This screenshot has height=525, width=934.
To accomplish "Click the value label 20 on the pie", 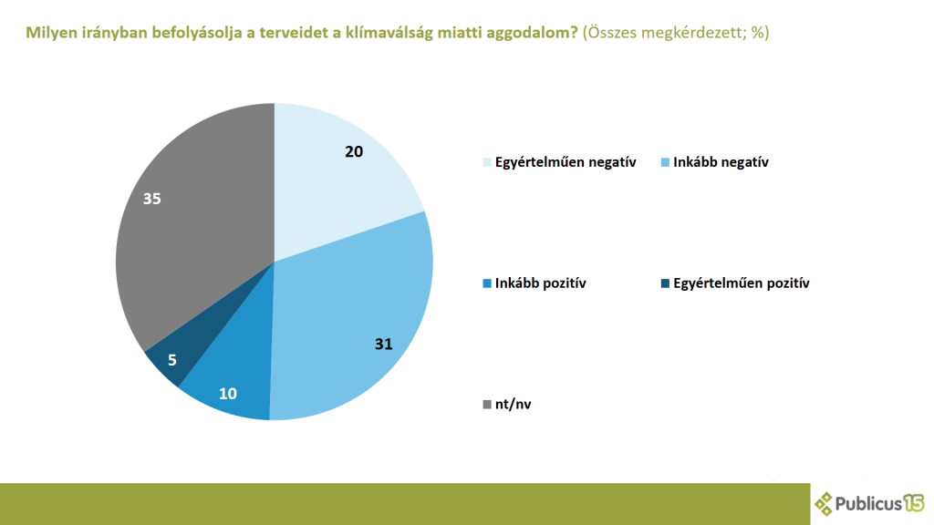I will [x=354, y=151].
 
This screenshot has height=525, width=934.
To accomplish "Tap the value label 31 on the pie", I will [x=383, y=344].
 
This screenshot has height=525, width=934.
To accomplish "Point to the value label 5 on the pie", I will [x=171, y=360].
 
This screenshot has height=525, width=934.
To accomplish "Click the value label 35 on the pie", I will [x=152, y=197].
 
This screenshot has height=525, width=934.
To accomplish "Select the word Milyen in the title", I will [x=51, y=33].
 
